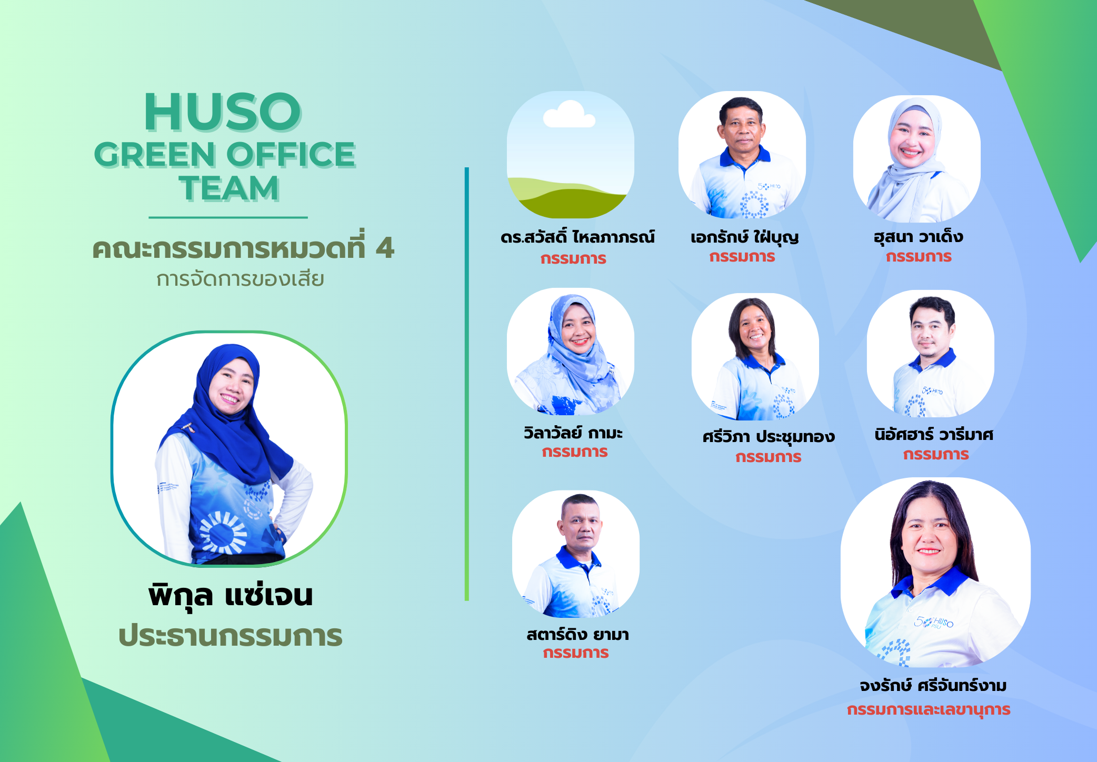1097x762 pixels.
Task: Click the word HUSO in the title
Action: pos(223,112)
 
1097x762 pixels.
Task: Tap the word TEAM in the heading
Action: pos(229,188)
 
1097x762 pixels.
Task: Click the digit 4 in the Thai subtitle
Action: pos(385,248)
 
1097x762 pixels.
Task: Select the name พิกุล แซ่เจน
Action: pos(231,596)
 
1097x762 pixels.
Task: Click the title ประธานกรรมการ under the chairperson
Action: pos(231,636)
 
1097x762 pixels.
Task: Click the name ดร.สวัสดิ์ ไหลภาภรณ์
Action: pos(577,237)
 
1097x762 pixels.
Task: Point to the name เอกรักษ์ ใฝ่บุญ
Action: pos(745,237)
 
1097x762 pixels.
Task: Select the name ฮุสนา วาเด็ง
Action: pos(919,236)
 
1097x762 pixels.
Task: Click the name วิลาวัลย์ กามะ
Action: pos(573,433)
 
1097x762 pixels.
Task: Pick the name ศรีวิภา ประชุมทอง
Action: pos(769,437)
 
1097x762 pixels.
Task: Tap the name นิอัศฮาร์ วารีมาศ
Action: pos(934,435)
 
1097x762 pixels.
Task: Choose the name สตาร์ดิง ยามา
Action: pos(577,634)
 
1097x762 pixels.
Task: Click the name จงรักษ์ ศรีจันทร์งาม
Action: pos(933,686)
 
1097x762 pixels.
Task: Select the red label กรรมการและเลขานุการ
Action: pos(929,710)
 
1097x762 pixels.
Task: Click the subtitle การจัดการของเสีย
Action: pos(240,279)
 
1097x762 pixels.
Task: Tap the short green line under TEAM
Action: pos(228,217)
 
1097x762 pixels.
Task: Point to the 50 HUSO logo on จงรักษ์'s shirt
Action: pos(934,623)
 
